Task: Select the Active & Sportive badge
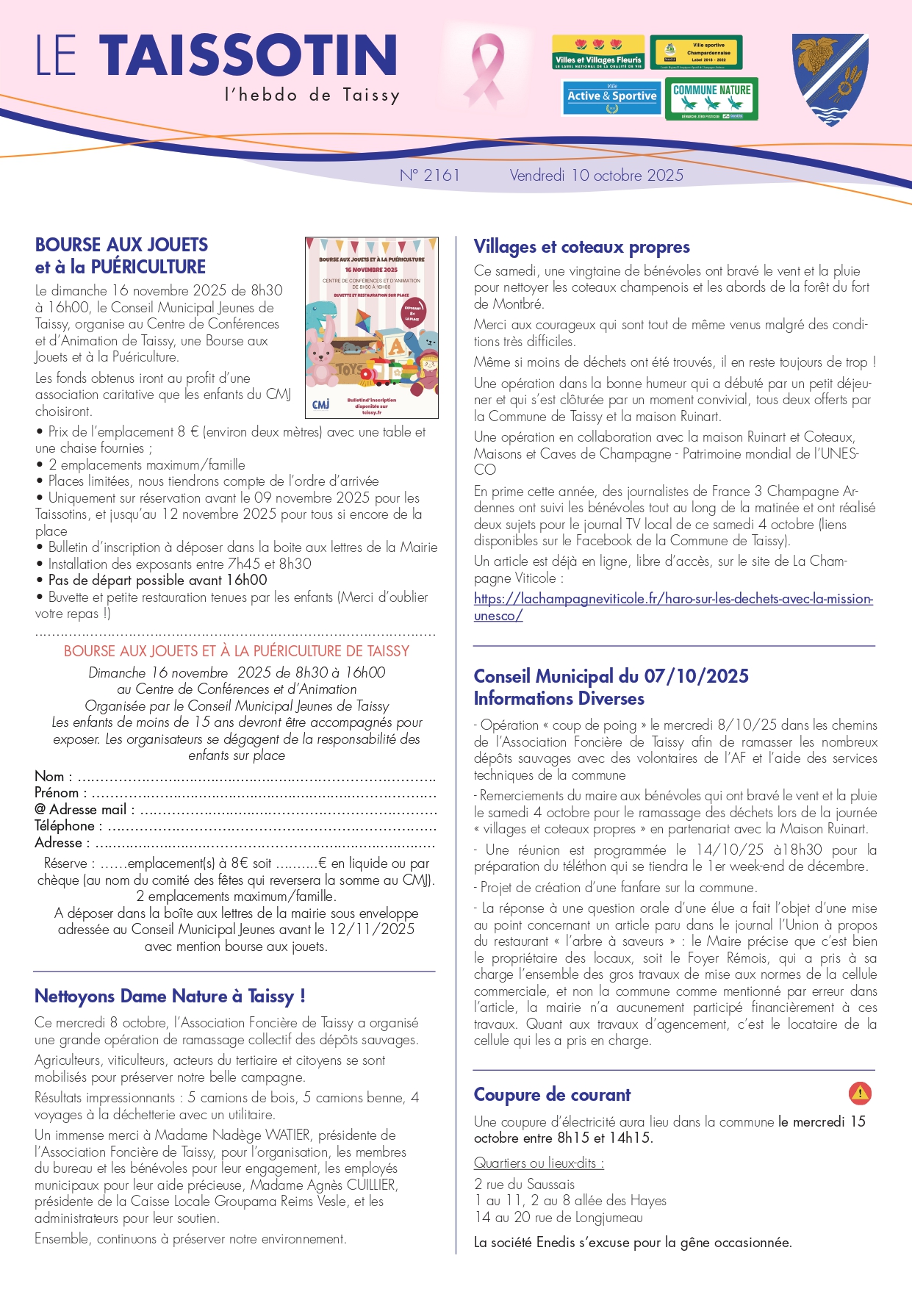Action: point(611,98)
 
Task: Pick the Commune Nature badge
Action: point(711,98)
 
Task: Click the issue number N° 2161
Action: point(430,176)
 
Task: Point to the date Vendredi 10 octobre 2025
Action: point(596,176)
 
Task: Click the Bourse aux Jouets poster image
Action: point(372,328)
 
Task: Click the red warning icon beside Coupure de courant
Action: point(860,1094)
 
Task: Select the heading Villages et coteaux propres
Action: point(581,247)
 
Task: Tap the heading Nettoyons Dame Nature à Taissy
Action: point(169,997)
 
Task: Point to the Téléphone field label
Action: point(65,826)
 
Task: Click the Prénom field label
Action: point(57,793)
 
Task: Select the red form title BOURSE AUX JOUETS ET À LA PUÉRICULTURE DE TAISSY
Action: point(236,651)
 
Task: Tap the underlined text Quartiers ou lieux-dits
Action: point(539,1163)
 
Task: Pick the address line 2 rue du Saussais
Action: point(524,1185)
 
